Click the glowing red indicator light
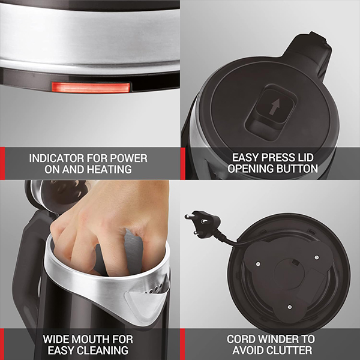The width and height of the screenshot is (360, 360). point(91,88)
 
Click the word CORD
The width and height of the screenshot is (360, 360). point(242,339)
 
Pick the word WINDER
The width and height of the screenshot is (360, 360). point(284,339)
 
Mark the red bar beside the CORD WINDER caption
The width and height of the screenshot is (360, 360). point(182,344)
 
